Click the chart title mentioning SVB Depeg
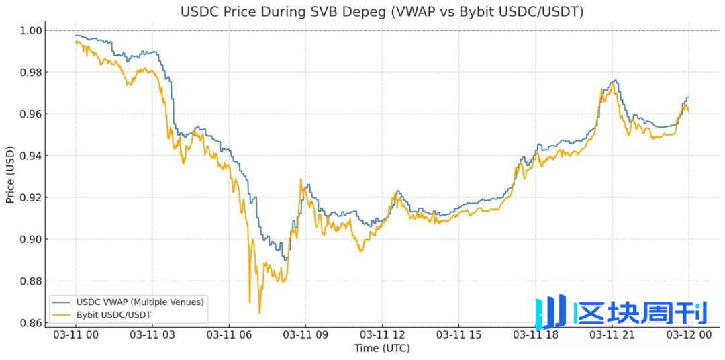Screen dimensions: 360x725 pos(382,12)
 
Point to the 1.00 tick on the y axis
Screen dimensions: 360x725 pos(33,30)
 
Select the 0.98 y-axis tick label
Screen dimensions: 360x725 pos(33,73)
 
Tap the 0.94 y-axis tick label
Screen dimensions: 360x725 pos(33,156)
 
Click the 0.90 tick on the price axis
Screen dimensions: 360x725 pos(33,239)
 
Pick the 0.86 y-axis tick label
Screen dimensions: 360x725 pos(33,323)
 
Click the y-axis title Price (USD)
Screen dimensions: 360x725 pos(10,176)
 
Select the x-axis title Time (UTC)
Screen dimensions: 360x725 pos(382,348)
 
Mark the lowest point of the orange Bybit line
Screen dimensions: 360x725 pos(259,313)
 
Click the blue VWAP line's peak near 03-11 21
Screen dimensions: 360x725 pos(614,81)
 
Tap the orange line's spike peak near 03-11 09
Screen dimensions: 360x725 pos(301,179)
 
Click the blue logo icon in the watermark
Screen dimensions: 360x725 pos(550,312)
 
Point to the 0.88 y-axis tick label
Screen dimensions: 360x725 pos(33,281)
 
